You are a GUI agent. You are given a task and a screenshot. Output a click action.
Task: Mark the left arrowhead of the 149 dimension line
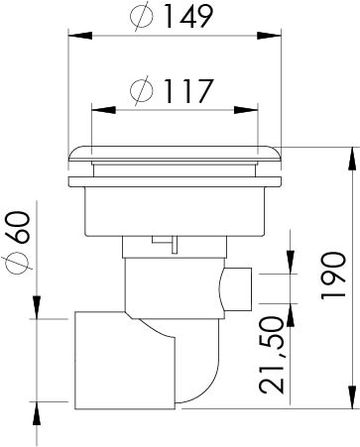click(x=73, y=38)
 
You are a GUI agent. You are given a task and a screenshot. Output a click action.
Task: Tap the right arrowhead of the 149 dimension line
click(x=277, y=38)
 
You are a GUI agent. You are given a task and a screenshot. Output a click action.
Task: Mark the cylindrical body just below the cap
click(x=176, y=210)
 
